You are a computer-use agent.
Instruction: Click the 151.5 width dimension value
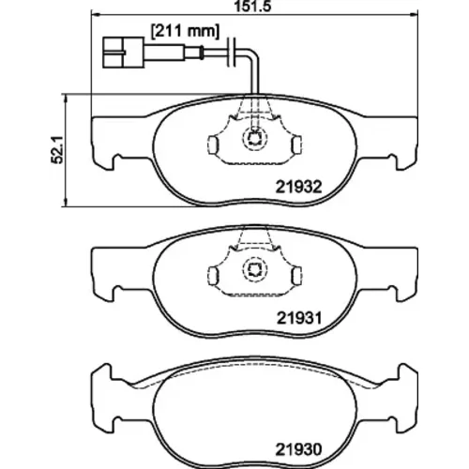(252, 7)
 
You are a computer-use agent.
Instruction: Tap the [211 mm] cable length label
(185, 32)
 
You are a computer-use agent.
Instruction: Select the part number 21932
(298, 187)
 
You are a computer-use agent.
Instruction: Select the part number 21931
(299, 319)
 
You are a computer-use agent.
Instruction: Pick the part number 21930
(298, 449)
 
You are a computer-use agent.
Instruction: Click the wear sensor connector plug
(123, 53)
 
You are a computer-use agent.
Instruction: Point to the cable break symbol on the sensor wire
(233, 52)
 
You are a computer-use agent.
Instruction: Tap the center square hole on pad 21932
(255, 138)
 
